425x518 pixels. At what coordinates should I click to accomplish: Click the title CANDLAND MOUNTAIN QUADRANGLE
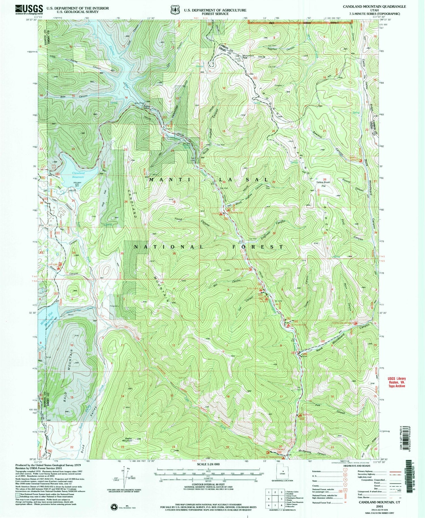374,7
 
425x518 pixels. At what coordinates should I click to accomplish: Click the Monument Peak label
248,56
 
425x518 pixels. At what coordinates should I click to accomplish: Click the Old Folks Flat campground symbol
289,325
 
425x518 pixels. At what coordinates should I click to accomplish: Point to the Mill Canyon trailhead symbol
250,269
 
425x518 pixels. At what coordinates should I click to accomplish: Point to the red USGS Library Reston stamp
397,382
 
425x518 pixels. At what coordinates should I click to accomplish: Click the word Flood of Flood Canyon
178,219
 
